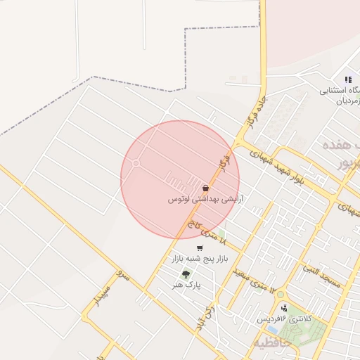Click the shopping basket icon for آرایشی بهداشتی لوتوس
205,188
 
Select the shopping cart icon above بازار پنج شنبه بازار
200,248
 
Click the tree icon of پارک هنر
186,274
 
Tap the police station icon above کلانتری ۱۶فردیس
284,308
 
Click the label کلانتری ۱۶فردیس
283,319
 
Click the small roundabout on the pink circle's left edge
136,164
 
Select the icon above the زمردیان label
348,79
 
